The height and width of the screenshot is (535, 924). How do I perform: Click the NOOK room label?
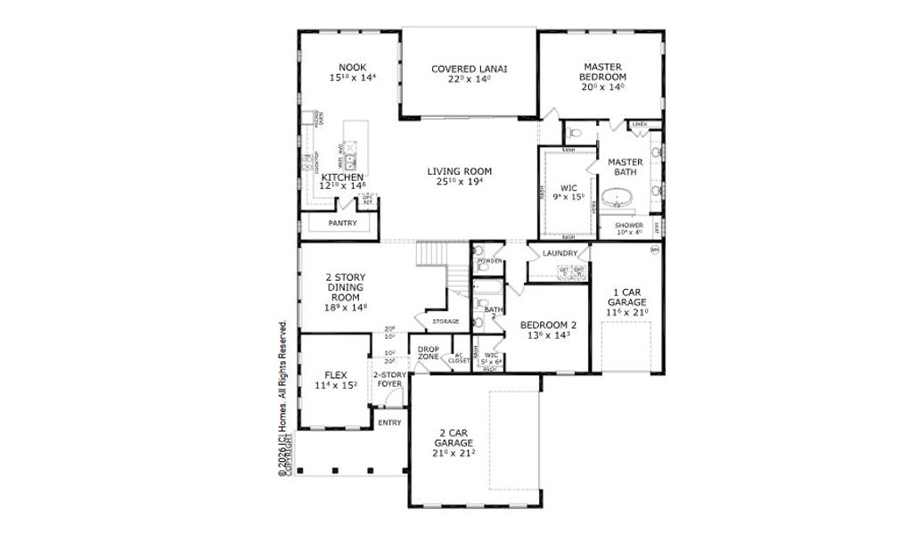353,68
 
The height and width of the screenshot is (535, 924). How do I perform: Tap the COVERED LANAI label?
470,69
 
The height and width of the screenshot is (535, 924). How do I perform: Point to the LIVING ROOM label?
459,172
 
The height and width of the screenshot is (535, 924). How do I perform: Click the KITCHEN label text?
342,178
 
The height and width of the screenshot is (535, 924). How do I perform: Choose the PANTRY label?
343,223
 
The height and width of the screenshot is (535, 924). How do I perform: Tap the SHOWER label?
629,226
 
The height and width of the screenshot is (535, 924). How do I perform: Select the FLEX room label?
335,376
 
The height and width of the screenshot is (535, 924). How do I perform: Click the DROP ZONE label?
429,352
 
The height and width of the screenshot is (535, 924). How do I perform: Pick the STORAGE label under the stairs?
446,321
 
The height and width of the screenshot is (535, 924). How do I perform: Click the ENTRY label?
389,423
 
